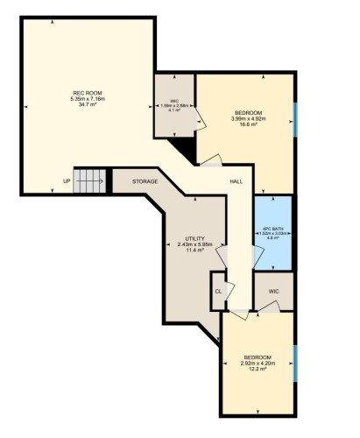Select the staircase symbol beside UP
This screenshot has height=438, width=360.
(x=88, y=181)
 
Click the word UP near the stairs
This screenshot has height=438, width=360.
(x=67, y=182)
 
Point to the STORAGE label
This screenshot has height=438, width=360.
(x=145, y=181)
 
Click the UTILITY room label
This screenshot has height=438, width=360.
(x=194, y=238)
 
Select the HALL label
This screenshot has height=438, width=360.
(x=236, y=182)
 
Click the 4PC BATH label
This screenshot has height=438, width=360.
(x=272, y=228)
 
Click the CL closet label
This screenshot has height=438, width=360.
(x=218, y=290)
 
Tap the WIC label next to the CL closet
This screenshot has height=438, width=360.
(x=274, y=289)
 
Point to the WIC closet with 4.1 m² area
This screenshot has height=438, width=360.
(x=175, y=105)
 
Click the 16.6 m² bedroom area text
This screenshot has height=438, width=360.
(x=244, y=124)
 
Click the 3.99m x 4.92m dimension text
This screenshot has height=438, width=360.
(x=244, y=118)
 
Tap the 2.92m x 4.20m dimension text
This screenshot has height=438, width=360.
(x=258, y=364)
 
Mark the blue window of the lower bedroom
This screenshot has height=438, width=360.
(x=294, y=364)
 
